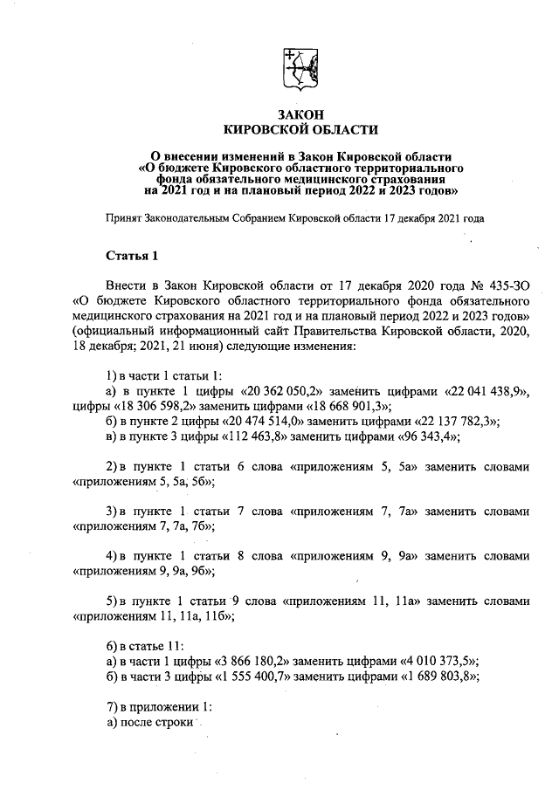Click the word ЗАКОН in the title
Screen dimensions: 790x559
coord(301,114)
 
